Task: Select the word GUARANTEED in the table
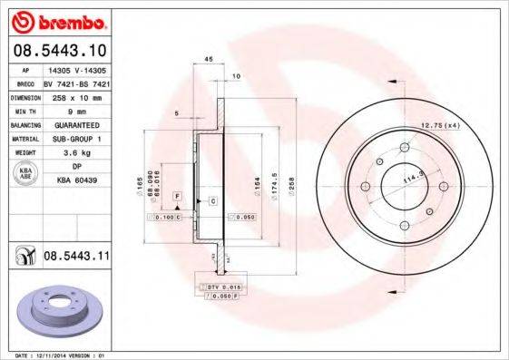78,124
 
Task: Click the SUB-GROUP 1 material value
78,139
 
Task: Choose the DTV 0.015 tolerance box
220,287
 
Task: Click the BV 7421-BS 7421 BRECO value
76,82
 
